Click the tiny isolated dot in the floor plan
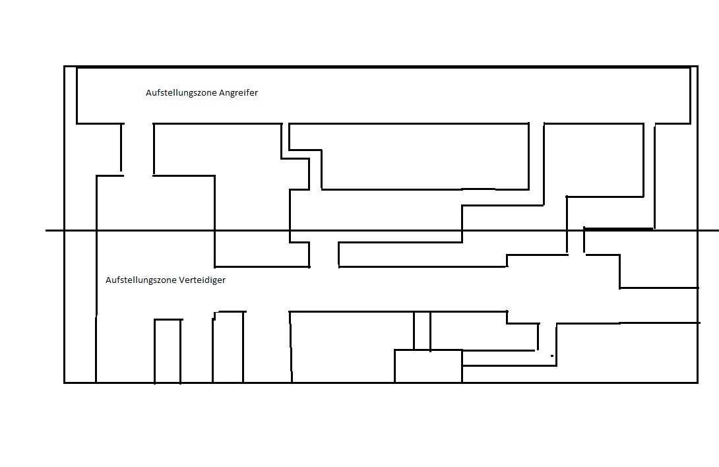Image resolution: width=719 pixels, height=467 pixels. click(x=552, y=356)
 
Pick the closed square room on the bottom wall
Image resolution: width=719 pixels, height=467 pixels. click(x=428, y=366)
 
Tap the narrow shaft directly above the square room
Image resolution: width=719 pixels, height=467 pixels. click(x=422, y=330)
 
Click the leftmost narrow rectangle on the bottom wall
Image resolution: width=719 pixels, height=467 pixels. click(x=168, y=351)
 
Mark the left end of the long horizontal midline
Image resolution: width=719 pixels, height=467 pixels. click(x=46, y=230)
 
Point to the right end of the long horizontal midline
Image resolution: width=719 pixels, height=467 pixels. click(x=718, y=230)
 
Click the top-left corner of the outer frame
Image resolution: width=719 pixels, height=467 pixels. click(x=65, y=67)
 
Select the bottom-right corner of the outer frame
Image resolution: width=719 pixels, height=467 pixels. click(x=697, y=382)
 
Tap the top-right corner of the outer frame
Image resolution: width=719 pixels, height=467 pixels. click(x=697, y=67)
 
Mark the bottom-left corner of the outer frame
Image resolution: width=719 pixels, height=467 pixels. click(x=65, y=382)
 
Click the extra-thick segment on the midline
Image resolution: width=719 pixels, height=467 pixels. click(x=619, y=229)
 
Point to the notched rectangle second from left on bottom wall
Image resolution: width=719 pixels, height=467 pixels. click(x=228, y=347)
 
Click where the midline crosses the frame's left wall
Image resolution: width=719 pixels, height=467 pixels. click(x=65, y=230)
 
